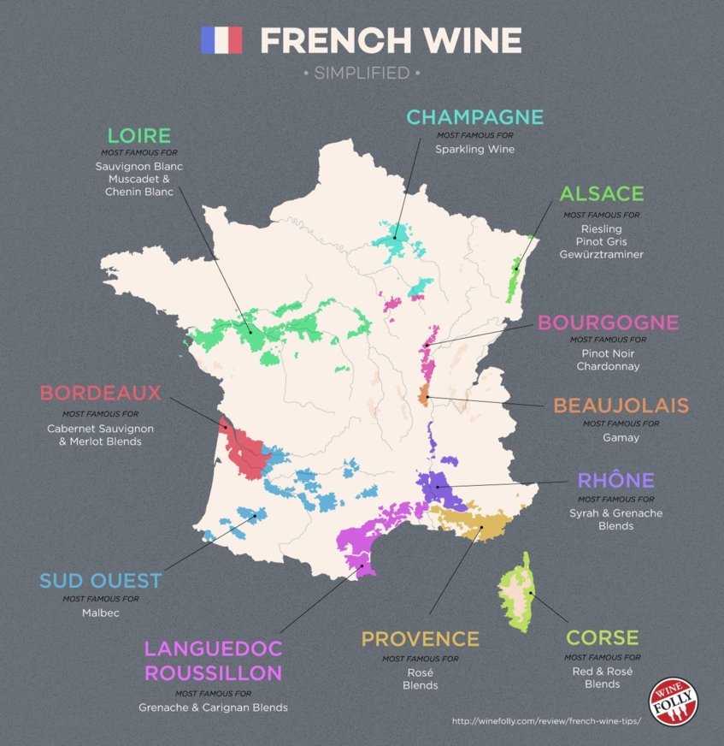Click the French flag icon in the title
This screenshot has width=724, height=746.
221,39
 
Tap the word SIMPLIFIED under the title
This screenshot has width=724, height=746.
362,74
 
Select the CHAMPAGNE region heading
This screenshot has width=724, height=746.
474,117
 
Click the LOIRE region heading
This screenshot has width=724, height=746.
138,135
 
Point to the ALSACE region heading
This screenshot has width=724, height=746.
602,194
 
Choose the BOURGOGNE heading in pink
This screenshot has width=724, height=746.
608,323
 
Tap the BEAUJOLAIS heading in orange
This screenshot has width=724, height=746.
621,405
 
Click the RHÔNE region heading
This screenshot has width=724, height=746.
615,480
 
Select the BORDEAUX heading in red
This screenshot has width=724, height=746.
100,394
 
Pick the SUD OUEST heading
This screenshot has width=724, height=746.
100,581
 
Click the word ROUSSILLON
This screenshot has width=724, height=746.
213,673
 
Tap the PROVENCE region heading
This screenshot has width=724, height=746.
420,639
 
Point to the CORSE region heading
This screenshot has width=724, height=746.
602,637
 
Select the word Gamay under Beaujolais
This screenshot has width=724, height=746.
621,438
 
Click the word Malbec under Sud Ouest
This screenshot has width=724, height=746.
100,613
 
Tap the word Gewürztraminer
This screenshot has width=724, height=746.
601,255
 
